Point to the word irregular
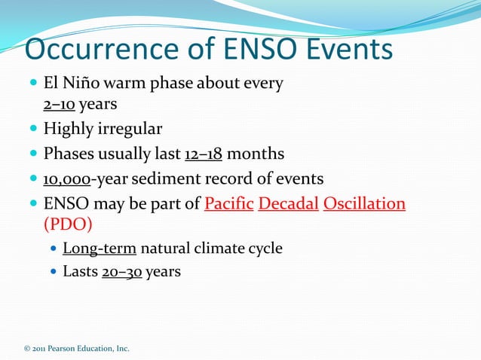coord(128,129)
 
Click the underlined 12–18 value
coord(203,154)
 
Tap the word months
coord(256,154)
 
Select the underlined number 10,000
coord(67,179)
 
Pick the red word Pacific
coord(228,204)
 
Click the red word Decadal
coord(288,204)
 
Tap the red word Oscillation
coord(364,204)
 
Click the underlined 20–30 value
coord(121,271)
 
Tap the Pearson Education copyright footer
coord(76,348)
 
